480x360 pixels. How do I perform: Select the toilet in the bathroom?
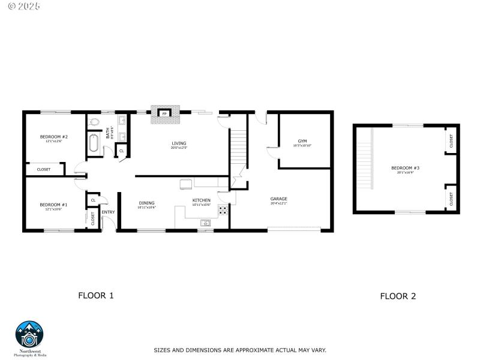point(95,122)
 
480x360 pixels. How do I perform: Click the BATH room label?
point(109,132)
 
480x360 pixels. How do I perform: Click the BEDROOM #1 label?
point(54,205)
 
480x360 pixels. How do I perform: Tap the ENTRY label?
point(108,212)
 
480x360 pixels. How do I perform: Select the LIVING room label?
point(179,143)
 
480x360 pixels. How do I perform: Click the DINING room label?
point(147,203)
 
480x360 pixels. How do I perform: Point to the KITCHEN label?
point(201,200)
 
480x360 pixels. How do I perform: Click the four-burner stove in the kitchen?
point(223,210)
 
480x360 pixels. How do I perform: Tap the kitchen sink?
point(205,223)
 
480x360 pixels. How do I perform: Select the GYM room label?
point(302,141)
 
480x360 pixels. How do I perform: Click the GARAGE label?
point(278,199)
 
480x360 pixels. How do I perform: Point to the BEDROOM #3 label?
point(405,168)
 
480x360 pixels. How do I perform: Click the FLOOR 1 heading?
point(96,295)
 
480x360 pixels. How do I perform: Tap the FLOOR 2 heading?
point(398,296)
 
